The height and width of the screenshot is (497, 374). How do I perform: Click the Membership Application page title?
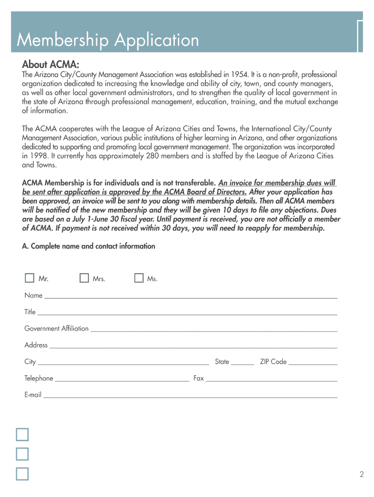pos(108,40)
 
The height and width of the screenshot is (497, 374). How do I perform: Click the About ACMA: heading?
pos(51,65)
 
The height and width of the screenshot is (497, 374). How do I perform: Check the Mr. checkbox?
pos(30,278)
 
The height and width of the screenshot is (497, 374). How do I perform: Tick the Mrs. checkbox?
pos(85,278)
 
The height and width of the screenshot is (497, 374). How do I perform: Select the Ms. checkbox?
pos(139,278)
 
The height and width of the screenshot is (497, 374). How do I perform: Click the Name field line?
pos(190,296)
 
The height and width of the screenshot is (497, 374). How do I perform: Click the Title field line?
pos(187,313)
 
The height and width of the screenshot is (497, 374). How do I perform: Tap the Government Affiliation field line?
pos(214,329)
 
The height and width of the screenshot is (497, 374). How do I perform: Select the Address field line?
pos(193,346)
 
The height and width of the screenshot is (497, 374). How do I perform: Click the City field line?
pos(123,362)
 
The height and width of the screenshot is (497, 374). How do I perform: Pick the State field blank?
pos(242,362)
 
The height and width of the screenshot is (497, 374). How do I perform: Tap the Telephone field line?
pos(122,379)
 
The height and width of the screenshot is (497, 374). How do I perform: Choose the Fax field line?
pos(272,379)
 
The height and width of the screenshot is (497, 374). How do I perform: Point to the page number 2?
pos(362,475)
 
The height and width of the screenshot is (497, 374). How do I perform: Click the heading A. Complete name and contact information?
pos(89,246)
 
